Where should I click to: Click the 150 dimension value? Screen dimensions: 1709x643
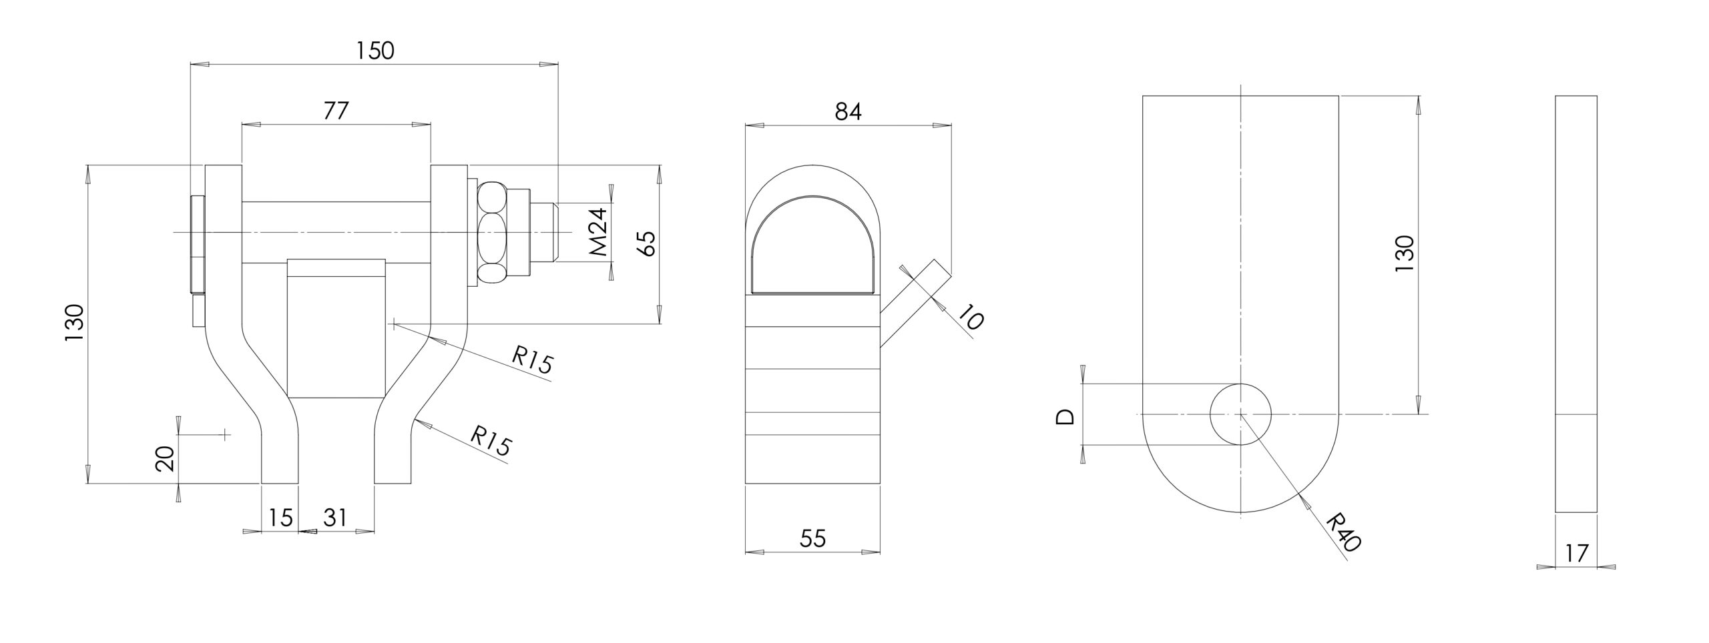(x=375, y=51)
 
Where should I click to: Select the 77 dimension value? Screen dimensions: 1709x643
(x=336, y=111)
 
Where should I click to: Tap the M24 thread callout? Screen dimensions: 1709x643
(x=599, y=232)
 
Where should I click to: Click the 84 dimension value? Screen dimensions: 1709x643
(x=848, y=112)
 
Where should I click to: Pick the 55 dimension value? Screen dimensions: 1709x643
(x=812, y=538)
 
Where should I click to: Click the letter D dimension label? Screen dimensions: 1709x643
(x=1065, y=417)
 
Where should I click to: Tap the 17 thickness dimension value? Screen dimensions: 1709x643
(x=1575, y=553)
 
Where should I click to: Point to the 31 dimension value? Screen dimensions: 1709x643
(x=335, y=517)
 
